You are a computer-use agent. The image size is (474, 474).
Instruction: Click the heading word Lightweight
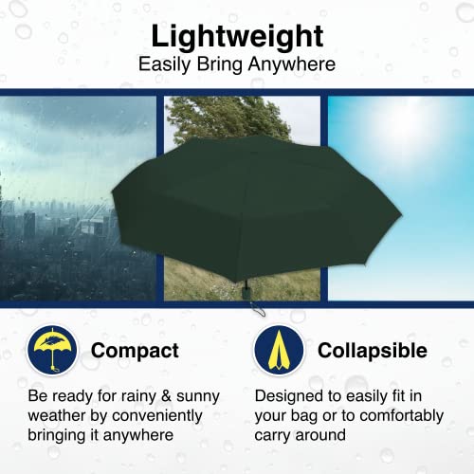point(236,38)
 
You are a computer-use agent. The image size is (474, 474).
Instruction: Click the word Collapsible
point(372,351)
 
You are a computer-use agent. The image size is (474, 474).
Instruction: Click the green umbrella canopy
point(237,204)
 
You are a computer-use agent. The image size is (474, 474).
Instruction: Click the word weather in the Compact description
point(56,415)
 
